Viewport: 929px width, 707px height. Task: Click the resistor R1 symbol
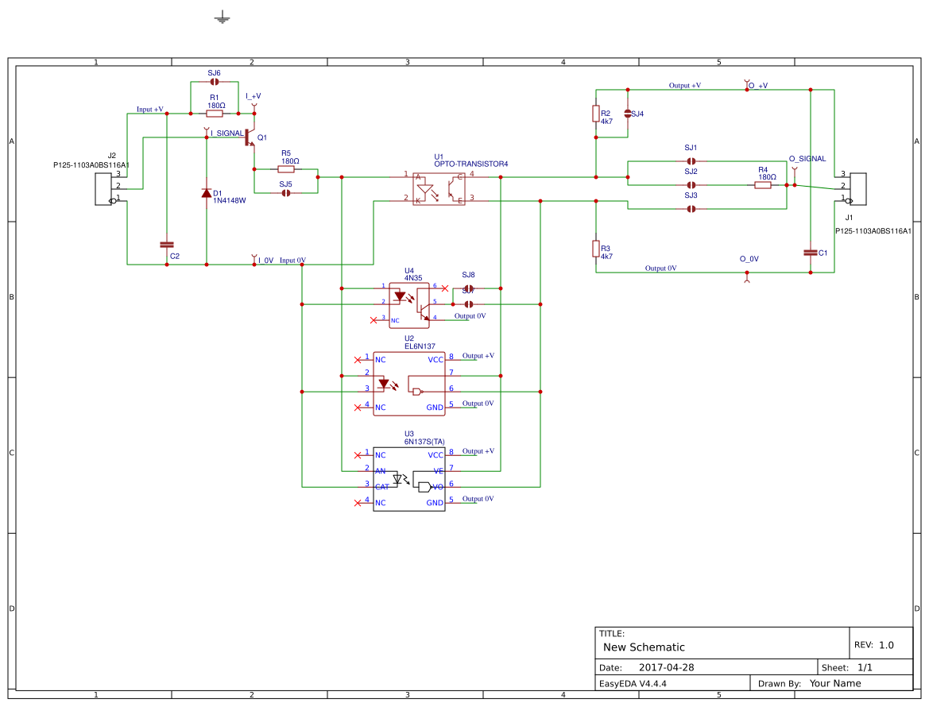click(215, 114)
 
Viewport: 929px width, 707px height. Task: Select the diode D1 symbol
click(207, 193)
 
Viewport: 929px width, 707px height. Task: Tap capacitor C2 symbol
click(167, 245)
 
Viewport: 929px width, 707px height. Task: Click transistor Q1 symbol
click(250, 137)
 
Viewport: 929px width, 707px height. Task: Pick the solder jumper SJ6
click(215, 82)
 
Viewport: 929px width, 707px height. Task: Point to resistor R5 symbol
click(286, 169)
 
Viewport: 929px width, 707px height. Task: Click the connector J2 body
click(103, 188)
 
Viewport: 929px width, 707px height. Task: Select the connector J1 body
click(858, 188)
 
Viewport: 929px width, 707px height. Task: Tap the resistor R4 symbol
click(762, 185)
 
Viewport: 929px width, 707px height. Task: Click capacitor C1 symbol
click(811, 253)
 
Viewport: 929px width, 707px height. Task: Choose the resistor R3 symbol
click(596, 249)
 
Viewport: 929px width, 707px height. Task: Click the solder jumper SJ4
click(628, 114)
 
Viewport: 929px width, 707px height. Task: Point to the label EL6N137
click(420, 346)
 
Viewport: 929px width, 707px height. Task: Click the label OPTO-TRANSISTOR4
click(470, 164)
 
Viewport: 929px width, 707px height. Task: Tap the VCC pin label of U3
click(435, 455)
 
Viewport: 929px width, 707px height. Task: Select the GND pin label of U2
click(435, 408)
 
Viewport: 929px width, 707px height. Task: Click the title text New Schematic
click(644, 647)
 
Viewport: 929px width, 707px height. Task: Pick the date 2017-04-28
click(666, 667)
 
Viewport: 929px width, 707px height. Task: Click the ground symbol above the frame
click(222, 17)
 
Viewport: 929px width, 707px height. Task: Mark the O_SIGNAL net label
click(807, 159)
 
